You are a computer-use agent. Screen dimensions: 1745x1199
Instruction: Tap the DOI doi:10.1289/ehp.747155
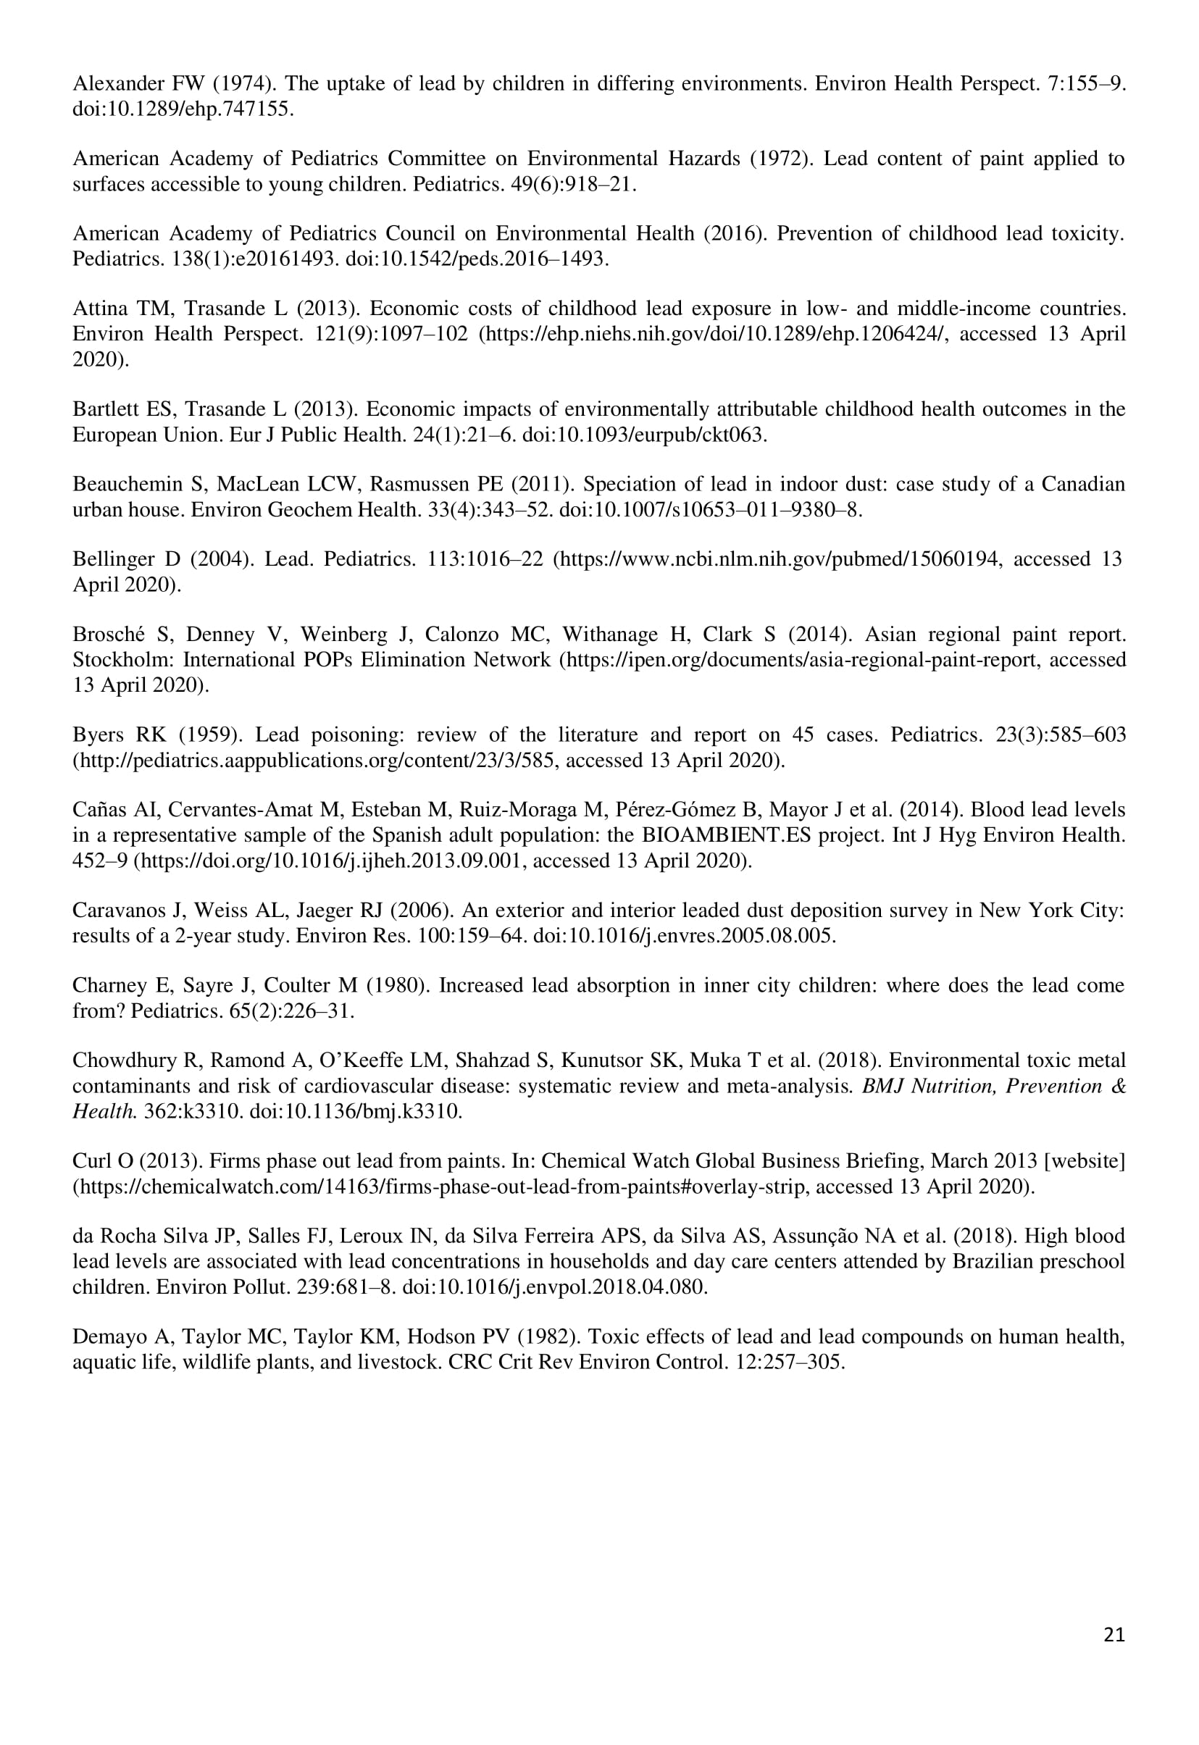pos(181,109)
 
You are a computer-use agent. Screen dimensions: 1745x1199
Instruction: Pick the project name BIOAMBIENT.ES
pos(726,835)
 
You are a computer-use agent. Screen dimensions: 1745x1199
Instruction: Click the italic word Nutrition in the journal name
pos(952,1087)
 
